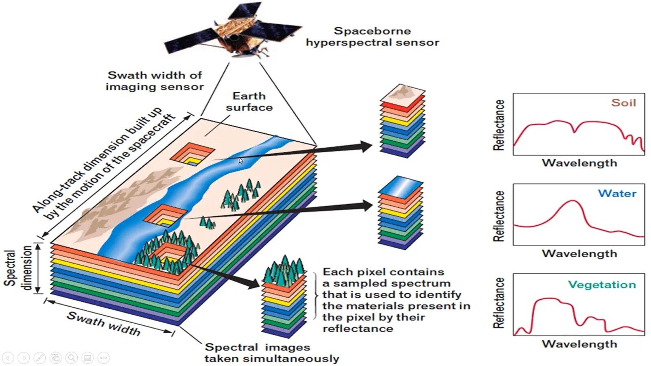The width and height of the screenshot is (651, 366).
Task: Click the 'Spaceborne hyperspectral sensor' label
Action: tap(372, 37)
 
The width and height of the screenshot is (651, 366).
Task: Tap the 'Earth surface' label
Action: tap(249, 101)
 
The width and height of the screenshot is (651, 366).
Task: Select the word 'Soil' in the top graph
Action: tap(623, 102)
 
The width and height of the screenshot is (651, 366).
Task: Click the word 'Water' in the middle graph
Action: tap(617, 194)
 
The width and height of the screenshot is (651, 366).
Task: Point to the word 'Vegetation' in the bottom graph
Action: tap(602, 285)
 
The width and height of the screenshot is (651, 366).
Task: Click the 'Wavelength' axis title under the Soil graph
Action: tap(579, 163)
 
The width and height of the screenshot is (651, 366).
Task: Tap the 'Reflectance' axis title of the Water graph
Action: tap(499, 216)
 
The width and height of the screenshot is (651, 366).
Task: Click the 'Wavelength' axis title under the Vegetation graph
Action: tap(579, 344)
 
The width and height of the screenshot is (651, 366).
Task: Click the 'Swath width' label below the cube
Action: tap(104, 323)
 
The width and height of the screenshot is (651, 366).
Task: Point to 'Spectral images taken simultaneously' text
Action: tap(271, 353)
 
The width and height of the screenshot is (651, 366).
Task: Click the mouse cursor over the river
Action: tap(240, 160)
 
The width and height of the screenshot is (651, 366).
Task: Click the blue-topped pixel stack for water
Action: tap(401, 213)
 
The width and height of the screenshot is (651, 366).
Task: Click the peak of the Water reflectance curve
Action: tap(573, 201)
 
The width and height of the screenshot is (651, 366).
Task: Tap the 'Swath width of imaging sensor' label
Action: tap(155, 81)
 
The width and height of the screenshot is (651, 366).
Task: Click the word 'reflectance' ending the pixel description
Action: tap(358, 329)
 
